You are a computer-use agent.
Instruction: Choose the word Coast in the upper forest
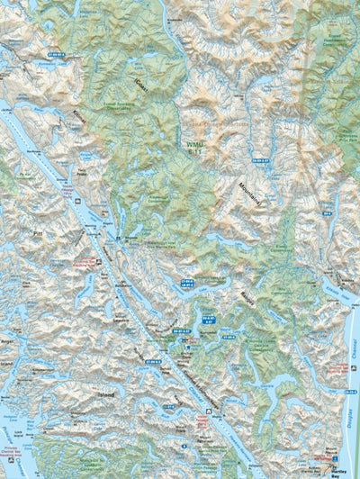[x=140, y=85]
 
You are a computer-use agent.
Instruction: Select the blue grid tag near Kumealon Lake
[x=56, y=55]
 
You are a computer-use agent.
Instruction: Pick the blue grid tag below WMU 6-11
[x=261, y=160]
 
